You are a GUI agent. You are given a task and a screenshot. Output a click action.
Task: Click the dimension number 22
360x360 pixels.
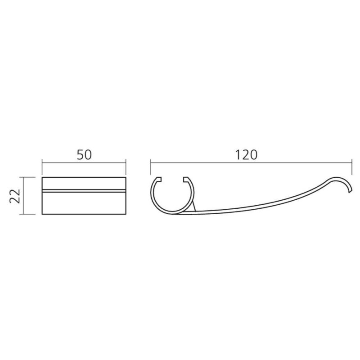coord(15,196)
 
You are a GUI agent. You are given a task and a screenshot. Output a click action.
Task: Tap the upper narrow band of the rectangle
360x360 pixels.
coord(84,184)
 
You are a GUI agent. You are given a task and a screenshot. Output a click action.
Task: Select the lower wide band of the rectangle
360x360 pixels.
coord(84,203)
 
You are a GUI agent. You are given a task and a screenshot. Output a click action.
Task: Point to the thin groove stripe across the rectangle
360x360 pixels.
coord(84,191)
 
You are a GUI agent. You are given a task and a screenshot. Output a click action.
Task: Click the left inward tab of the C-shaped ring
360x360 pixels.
coord(159,179)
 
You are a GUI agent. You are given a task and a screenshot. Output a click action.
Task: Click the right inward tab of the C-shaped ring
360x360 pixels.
coord(186,179)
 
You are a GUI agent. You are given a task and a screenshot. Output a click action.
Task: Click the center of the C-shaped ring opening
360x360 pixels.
coord(172,179)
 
